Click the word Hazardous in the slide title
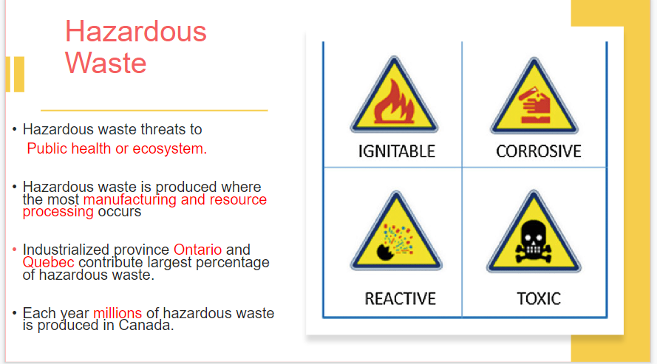[x=136, y=32]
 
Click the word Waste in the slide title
[x=106, y=63]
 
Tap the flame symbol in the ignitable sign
[x=394, y=102]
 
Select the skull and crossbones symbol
[x=534, y=241]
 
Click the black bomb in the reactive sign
[x=384, y=253]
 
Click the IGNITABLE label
[x=396, y=151]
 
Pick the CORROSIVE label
[x=539, y=151]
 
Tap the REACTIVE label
[x=400, y=299]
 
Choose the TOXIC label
[x=539, y=299]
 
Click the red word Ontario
[x=197, y=250]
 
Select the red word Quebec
[x=48, y=263]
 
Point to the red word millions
[x=118, y=313]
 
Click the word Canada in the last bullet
[x=146, y=325]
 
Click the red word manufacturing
[x=130, y=200]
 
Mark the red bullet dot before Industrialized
[x=14, y=250]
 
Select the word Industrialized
[x=66, y=250]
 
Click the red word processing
[x=58, y=212]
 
